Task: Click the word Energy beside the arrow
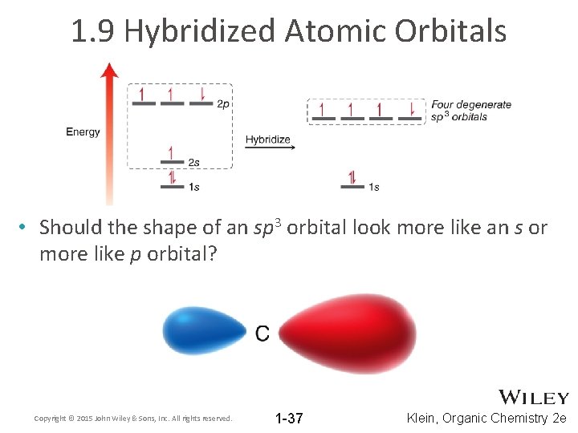[83, 132]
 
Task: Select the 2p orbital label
[225, 104]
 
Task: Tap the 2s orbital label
[193, 163]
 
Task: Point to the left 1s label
[193, 188]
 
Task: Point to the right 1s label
[373, 188]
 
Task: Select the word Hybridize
[267, 140]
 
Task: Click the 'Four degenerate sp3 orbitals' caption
[470, 111]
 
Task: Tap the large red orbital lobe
[345, 333]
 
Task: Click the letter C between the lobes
[263, 334]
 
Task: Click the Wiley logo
[534, 398]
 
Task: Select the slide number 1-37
[289, 418]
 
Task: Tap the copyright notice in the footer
[133, 419]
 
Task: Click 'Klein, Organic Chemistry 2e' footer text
[487, 418]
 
